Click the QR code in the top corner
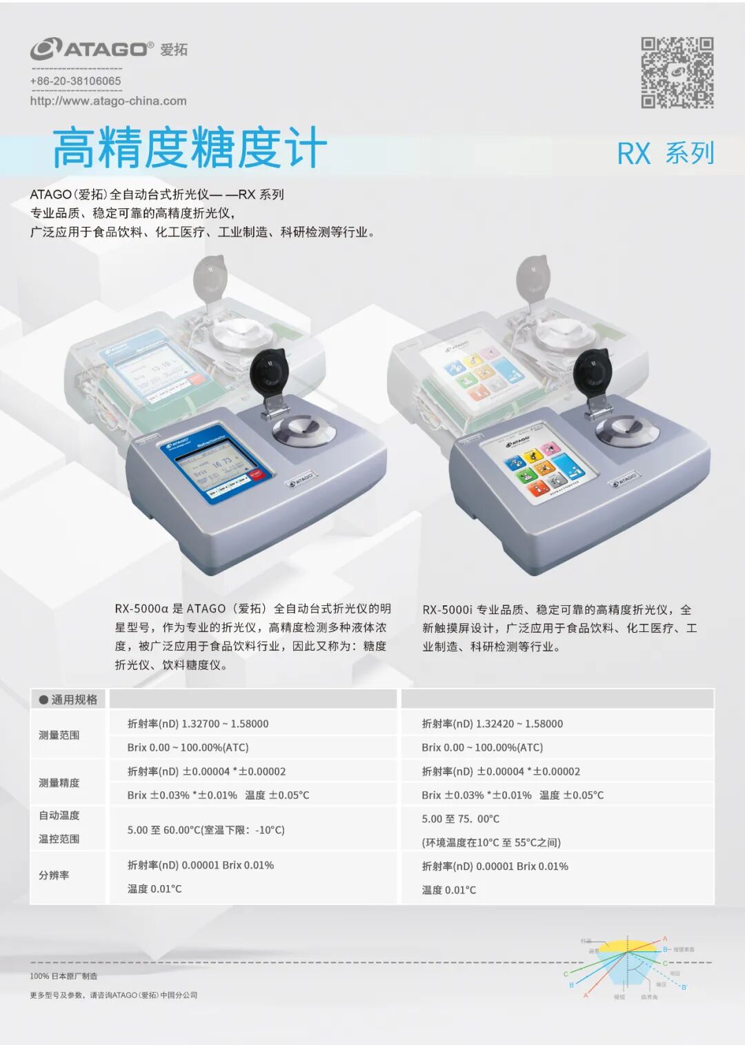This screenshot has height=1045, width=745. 677,72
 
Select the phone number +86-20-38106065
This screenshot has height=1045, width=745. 75,81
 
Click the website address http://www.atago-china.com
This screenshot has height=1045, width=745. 108,101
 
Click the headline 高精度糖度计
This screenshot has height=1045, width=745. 189,148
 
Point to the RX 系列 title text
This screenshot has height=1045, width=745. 665,153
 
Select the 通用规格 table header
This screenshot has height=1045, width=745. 68,700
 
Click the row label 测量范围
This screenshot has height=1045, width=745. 59,735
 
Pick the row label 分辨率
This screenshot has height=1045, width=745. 54,875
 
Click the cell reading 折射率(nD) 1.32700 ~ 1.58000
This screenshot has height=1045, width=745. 198,724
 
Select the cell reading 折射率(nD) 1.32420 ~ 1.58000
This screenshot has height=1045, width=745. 492,724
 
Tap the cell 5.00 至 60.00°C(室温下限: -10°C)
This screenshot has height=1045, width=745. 206,830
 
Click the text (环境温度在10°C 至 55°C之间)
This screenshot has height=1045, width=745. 490,842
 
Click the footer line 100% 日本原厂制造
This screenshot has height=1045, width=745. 63,976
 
